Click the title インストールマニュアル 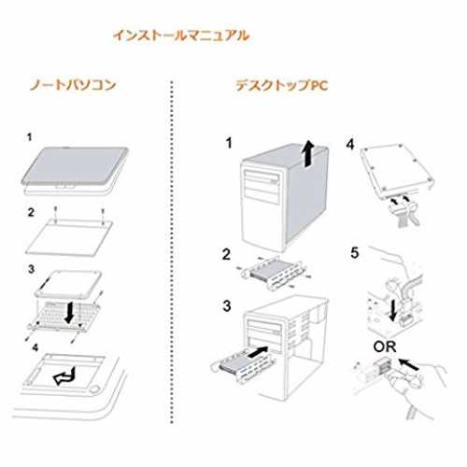181,35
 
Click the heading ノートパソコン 73,85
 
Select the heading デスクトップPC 282,85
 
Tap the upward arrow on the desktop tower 308,153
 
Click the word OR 385,347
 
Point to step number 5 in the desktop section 355,253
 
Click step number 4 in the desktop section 350,144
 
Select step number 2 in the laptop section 31,212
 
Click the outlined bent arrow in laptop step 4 64,375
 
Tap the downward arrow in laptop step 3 69,312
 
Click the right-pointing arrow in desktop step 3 258,351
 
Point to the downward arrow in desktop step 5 393,310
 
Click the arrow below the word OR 409,364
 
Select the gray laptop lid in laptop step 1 75,165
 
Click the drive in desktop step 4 397,171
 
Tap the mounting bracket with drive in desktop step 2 273,273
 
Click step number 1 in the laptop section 29,137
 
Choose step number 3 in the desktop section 227,305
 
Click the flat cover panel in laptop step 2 69,237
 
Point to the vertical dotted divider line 172,252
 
